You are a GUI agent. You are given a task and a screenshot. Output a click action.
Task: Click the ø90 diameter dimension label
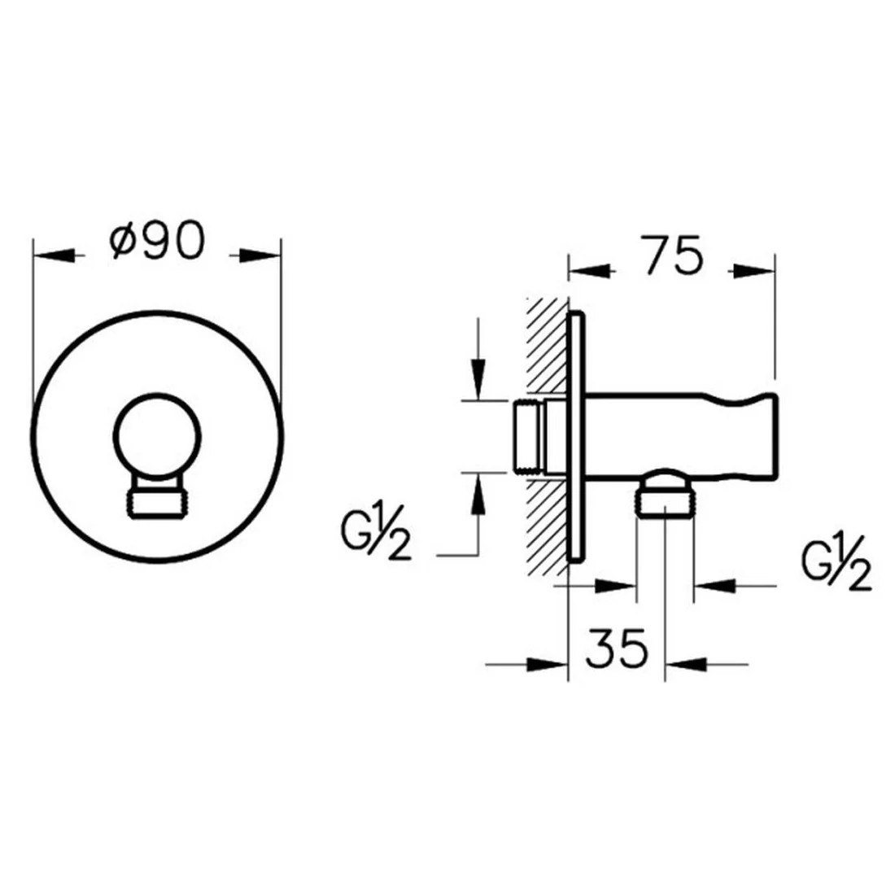(x=156, y=240)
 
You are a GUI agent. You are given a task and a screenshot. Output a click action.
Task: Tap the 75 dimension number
(x=673, y=255)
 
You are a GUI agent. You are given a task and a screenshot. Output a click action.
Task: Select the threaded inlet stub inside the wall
(x=529, y=438)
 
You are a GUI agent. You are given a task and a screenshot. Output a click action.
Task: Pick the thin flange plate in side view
(x=576, y=437)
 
